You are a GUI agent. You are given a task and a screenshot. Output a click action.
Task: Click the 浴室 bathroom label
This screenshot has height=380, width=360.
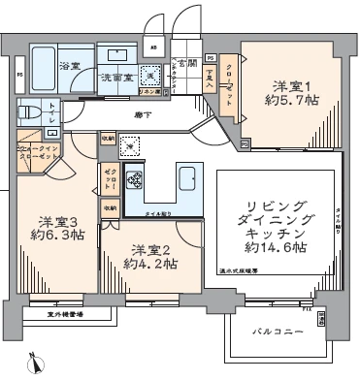click(x=70, y=66)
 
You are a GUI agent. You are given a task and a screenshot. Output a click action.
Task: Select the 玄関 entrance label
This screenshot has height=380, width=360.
click(x=184, y=63)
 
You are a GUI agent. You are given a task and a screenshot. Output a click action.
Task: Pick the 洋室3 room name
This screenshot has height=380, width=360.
click(x=58, y=220)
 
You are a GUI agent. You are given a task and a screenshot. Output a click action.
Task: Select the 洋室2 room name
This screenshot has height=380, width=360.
click(x=151, y=248)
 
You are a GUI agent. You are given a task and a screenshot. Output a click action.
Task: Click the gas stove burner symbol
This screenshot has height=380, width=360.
click(x=134, y=180)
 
